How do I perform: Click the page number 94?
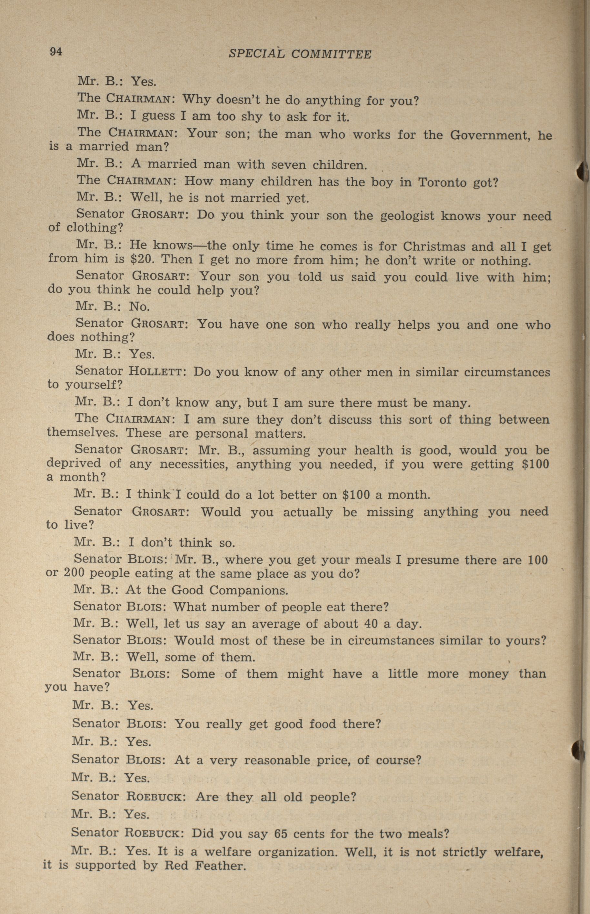[x=55, y=51]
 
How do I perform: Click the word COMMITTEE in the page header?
[x=331, y=55]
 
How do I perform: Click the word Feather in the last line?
[x=220, y=865]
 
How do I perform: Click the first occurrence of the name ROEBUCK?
[x=156, y=797]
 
